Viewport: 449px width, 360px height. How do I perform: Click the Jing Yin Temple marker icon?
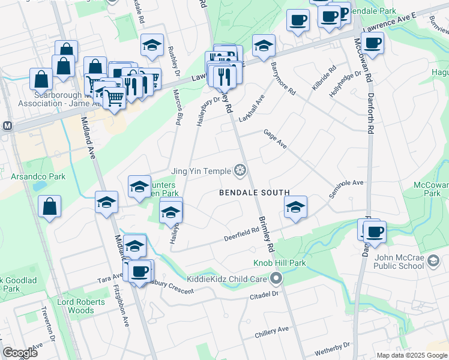(x=241, y=171)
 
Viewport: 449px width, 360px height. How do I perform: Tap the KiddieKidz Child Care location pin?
(x=276, y=278)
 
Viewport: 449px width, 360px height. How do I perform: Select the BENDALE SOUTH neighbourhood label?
(x=254, y=193)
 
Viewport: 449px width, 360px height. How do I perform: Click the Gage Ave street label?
(x=275, y=142)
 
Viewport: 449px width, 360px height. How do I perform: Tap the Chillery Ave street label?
(x=272, y=331)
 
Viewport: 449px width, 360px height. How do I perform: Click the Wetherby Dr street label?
(x=331, y=348)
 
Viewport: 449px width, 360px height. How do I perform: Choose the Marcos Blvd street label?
(x=177, y=107)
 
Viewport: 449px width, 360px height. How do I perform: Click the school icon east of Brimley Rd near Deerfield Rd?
(x=295, y=208)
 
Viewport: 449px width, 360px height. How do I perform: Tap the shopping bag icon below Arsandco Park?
(x=49, y=206)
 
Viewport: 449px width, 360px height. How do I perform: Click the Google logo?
(x=20, y=353)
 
